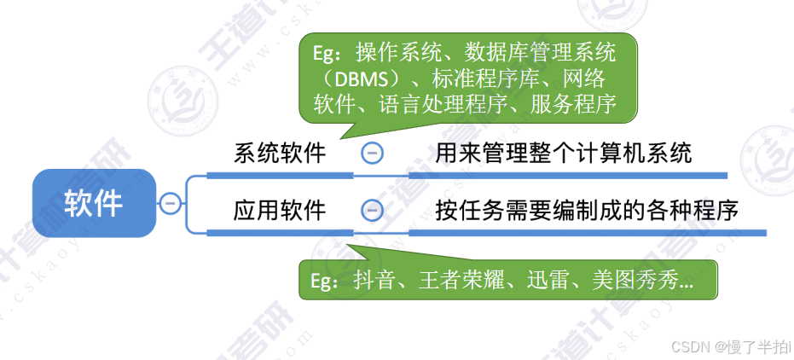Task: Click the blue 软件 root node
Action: click(94, 203)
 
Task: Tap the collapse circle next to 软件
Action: click(170, 203)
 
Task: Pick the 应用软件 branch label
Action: click(280, 210)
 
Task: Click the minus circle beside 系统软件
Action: click(372, 154)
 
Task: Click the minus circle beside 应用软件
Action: click(372, 210)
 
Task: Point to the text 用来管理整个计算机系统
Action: click(563, 154)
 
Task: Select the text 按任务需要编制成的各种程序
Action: click(586, 210)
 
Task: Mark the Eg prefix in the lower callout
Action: click(320, 281)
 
